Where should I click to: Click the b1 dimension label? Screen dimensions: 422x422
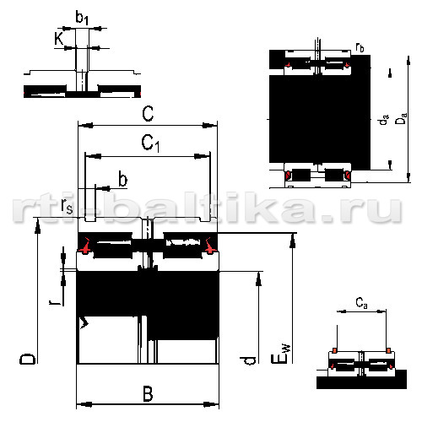point(82,18)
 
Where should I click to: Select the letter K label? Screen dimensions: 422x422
point(59,39)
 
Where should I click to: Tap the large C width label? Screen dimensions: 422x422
point(148,114)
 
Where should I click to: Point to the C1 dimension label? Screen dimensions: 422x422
point(150,143)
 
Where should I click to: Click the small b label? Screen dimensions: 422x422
point(123,179)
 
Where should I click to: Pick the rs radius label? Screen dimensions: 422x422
point(67,206)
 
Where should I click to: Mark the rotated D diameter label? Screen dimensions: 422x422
point(28,359)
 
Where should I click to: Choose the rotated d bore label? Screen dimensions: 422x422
point(248,360)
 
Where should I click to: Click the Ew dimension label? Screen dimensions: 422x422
point(280,354)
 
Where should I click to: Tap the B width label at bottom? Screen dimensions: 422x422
point(148,394)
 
